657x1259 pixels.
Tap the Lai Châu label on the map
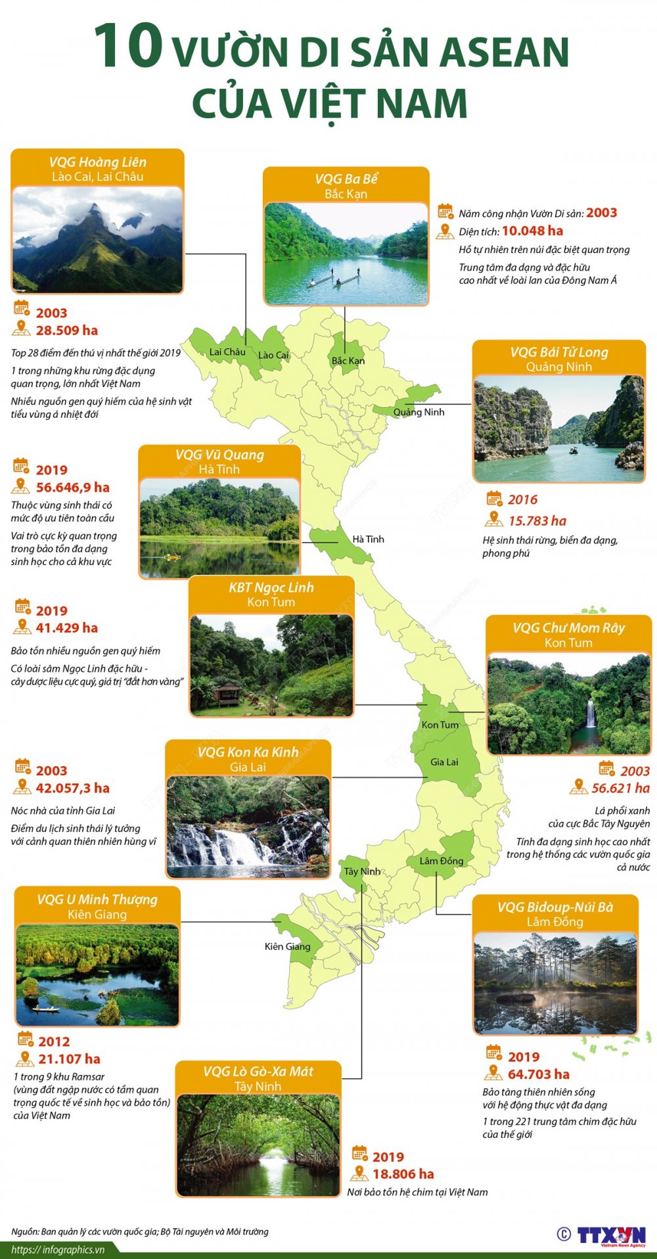[227, 352]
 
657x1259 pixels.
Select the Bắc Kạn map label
[348, 361]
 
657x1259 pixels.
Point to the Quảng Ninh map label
[419, 412]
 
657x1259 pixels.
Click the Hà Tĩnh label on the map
[368, 539]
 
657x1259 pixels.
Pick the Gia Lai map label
[444, 762]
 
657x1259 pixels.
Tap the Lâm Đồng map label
[442, 861]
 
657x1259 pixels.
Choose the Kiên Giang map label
[287, 946]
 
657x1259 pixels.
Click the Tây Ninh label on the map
[362, 871]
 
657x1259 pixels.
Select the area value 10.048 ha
[532, 231]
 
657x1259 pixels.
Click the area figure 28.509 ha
[66, 331]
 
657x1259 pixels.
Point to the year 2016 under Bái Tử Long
[522, 499]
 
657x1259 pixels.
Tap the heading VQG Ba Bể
[346, 179]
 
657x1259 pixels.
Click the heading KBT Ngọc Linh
[271, 587]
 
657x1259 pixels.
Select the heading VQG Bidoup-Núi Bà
[555, 907]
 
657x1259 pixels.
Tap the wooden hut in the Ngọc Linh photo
[228, 694]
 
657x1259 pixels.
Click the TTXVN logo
[611, 1235]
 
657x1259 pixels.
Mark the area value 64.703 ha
[539, 1074]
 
